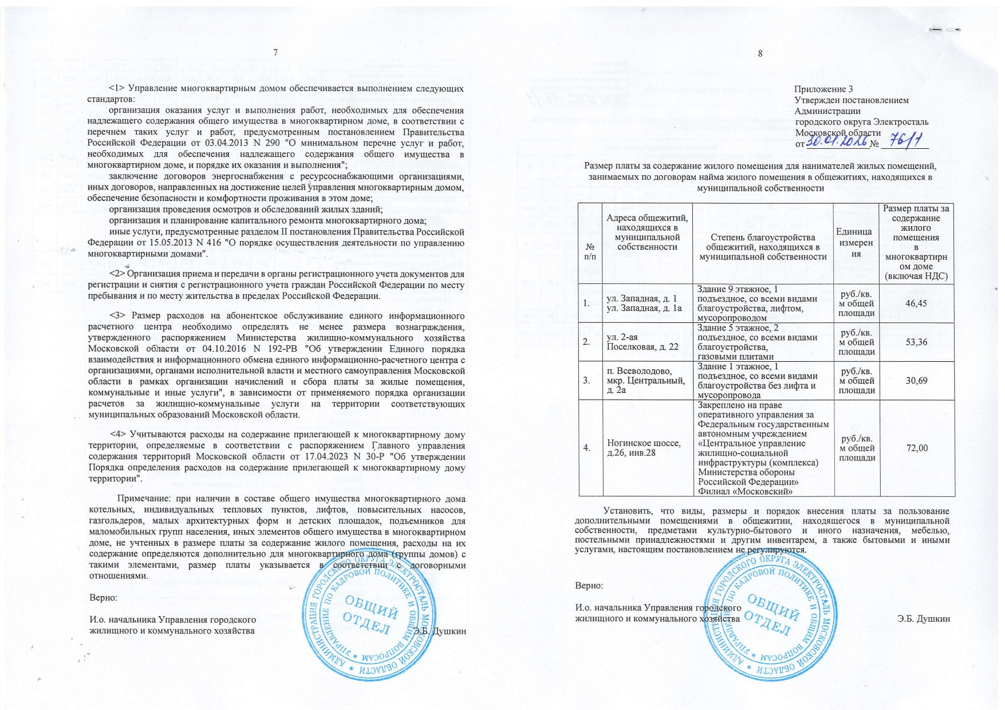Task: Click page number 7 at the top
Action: click(x=275, y=53)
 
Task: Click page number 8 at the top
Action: click(x=760, y=54)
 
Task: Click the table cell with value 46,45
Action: click(x=916, y=303)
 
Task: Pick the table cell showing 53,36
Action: click(x=916, y=342)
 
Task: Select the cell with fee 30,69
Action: click(x=916, y=380)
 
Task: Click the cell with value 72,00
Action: click(x=916, y=448)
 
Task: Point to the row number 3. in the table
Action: click(x=586, y=380)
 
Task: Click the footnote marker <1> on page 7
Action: click(x=117, y=89)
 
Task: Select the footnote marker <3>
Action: click(x=117, y=316)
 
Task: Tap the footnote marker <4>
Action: click(x=117, y=435)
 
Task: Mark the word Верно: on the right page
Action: click(x=589, y=586)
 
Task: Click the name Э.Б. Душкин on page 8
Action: click(x=924, y=619)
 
